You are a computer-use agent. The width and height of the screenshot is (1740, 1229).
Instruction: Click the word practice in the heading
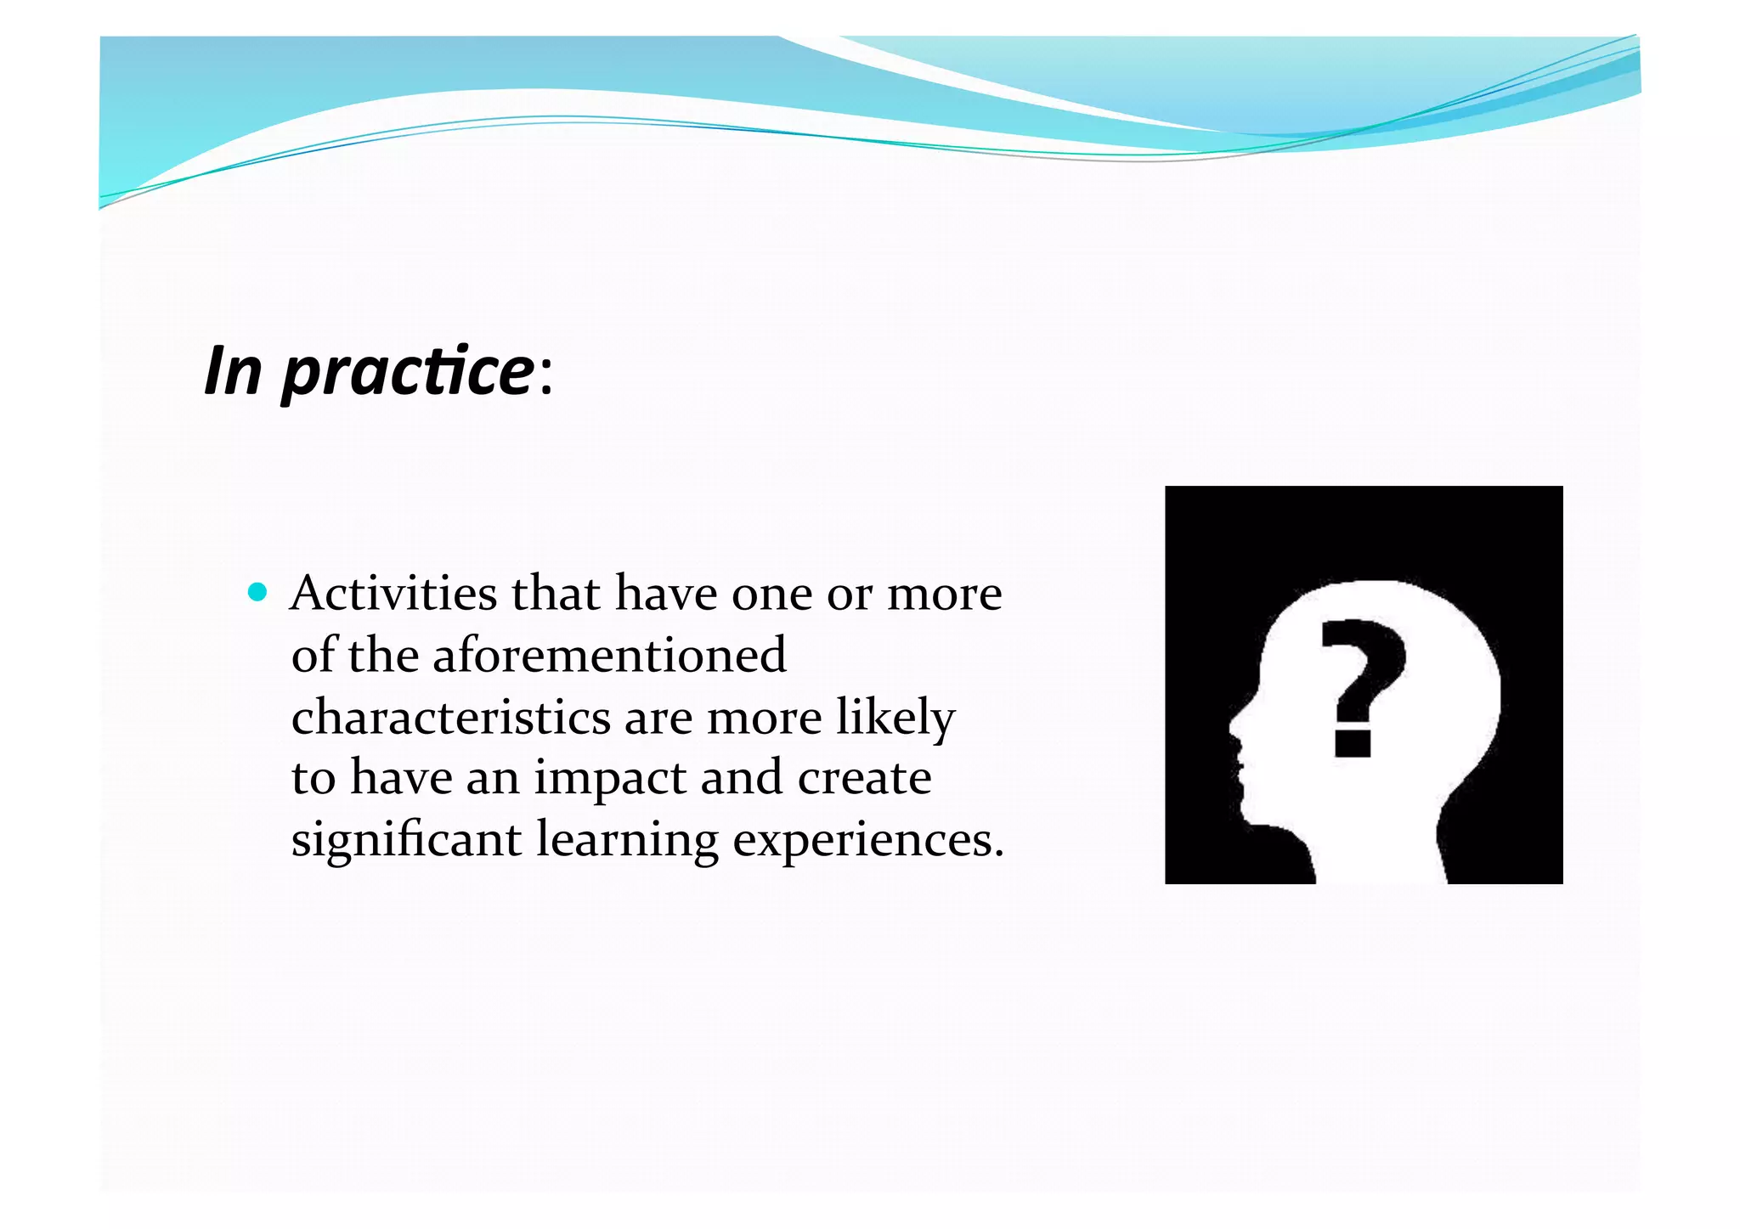406,372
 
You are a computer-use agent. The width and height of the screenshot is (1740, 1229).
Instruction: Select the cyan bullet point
257,591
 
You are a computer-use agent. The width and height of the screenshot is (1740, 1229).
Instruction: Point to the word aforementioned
609,655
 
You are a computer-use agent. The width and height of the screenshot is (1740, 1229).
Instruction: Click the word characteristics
450,717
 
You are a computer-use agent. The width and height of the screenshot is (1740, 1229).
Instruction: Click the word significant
406,841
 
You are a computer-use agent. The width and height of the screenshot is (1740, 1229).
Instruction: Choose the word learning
627,841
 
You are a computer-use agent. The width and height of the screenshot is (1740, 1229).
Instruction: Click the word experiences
867,841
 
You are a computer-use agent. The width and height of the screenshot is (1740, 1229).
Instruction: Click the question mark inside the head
1362,671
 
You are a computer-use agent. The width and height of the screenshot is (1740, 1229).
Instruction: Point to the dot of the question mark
1353,741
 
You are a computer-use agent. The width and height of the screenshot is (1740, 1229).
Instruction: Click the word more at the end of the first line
944,594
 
